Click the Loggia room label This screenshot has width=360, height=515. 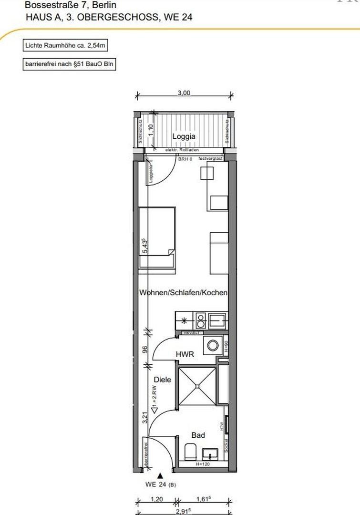click(x=184, y=136)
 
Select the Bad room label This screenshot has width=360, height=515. click(x=198, y=435)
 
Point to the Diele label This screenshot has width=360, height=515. click(x=162, y=380)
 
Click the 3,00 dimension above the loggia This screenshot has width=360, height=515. click(x=184, y=93)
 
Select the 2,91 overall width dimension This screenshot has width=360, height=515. click(x=184, y=510)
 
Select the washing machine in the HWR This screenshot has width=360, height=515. click(x=212, y=344)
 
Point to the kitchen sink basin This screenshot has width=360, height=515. click(x=219, y=320)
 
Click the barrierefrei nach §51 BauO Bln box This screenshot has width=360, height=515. click(x=69, y=63)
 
